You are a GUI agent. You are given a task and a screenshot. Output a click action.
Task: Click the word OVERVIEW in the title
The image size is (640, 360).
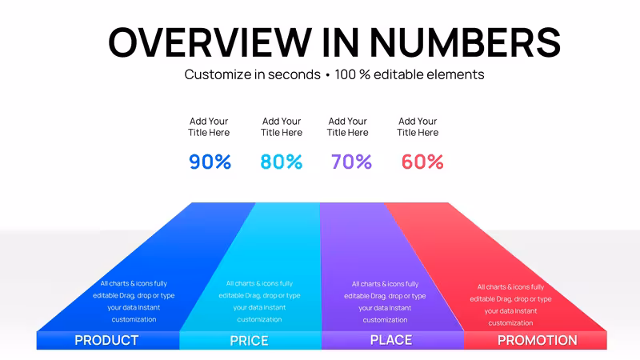click(x=210, y=42)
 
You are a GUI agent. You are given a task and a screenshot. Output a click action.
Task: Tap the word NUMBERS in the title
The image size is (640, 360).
click(x=465, y=42)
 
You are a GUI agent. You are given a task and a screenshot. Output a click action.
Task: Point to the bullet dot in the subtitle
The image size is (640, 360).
click(x=327, y=75)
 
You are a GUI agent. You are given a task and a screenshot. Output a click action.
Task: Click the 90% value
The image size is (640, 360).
click(x=210, y=162)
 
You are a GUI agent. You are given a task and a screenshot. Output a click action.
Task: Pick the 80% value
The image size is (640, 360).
click(x=282, y=162)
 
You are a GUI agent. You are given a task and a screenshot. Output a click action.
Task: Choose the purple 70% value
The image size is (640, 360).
click(x=351, y=162)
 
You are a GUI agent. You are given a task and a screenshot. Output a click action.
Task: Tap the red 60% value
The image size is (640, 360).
click(x=422, y=162)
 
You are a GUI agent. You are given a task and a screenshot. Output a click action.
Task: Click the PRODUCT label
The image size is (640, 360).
click(x=106, y=341)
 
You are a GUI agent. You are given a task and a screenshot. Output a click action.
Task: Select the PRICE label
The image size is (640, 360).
click(x=249, y=341)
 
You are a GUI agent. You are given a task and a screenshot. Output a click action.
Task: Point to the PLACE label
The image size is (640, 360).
click(x=391, y=340)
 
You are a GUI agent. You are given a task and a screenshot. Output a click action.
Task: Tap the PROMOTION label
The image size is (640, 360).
click(x=538, y=341)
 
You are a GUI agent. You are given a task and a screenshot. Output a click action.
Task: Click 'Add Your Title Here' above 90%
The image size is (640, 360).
click(x=209, y=127)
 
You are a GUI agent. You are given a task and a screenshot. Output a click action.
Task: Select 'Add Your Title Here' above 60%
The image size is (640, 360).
click(x=418, y=127)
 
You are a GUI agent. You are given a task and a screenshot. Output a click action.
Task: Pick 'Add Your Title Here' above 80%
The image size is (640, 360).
click(x=282, y=127)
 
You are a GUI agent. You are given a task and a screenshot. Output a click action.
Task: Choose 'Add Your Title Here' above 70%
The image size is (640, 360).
click(x=348, y=127)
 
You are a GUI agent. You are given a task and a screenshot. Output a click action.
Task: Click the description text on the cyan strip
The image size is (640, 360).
click(x=259, y=302)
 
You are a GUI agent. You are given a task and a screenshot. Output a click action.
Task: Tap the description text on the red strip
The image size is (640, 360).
click(x=510, y=305)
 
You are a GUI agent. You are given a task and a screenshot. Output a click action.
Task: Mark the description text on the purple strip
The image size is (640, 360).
click(x=385, y=302)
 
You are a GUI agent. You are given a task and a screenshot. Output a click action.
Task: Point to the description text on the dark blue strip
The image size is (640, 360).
click(x=134, y=302)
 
